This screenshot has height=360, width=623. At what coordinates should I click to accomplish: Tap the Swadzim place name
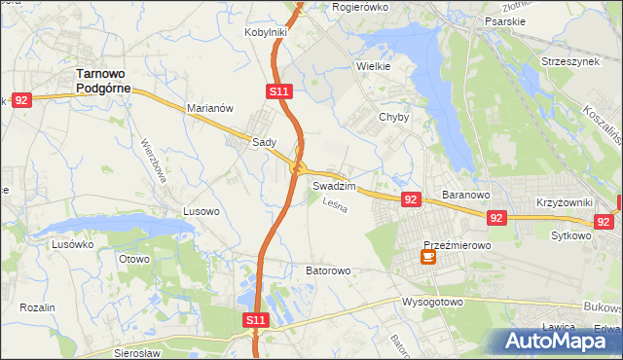pyautogui.click(x=334, y=185)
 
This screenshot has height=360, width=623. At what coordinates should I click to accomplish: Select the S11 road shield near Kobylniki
pyautogui.click(x=278, y=91)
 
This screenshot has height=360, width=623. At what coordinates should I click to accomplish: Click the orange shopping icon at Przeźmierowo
pyautogui.click(x=427, y=257)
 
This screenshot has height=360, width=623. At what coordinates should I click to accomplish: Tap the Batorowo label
pyautogui.click(x=328, y=270)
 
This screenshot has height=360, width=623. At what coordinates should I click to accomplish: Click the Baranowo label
pyautogui.click(x=464, y=195)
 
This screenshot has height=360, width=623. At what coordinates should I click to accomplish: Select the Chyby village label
pyautogui.click(x=393, y=117)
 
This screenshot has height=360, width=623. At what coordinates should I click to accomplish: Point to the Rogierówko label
pyautogui.click(x=360, y=7)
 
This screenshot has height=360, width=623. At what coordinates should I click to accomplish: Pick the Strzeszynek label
pyautogui.click(x=569, y=62)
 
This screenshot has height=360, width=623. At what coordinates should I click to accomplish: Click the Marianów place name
pyautogui.click(x=209, y=109)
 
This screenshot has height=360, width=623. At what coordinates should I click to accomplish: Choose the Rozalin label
pyautogui.click(x=37, y=307)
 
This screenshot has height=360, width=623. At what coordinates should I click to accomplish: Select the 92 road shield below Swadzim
pyautogui.click(x=411, y=199)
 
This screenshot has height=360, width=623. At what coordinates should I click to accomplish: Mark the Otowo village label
pyautogui.click(x=133, y=259)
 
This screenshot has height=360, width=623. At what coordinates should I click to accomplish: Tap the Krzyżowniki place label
pyautogui.click(x=563, y=202)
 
